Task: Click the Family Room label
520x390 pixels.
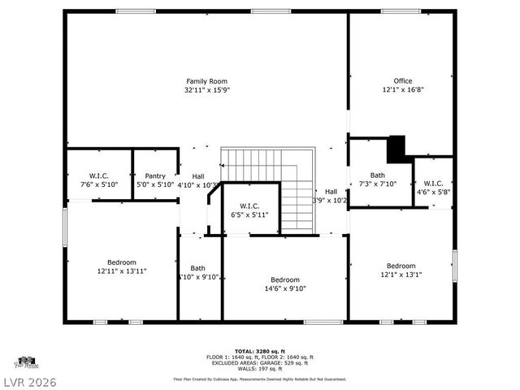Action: [206, 81]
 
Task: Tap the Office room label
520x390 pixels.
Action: [402, 81]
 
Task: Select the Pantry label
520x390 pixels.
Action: [155, 175]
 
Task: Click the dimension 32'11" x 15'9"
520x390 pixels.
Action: [206, 90]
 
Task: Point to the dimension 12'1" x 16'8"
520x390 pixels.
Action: [402, 90]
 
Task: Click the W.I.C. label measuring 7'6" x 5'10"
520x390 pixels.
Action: [98, 175]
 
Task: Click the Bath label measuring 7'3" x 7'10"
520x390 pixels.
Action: [378, 175]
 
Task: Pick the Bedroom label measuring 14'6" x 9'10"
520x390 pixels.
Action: [285, 279]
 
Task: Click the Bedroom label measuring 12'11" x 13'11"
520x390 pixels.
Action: [122, 262]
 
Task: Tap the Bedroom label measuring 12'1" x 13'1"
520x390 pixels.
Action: [401, 266]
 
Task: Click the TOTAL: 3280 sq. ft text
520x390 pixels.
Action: [260, 351]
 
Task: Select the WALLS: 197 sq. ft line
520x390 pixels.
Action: [260, 368]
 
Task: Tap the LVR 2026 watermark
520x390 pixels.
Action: [28, 380]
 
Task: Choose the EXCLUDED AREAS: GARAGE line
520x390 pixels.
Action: [260, 362]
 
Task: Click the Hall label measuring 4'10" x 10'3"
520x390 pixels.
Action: [198, 176]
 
